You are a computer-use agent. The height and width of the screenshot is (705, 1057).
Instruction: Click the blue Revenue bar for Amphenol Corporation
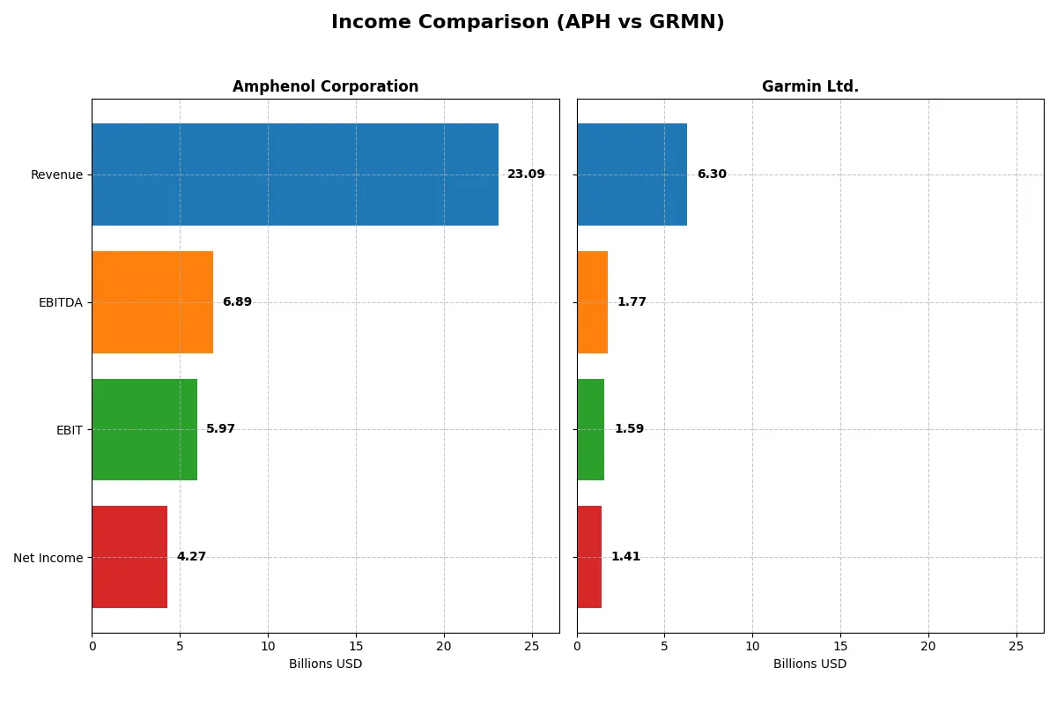click(x=295, y=174)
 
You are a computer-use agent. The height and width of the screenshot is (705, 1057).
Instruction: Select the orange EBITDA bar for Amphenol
click(x=152, y=302)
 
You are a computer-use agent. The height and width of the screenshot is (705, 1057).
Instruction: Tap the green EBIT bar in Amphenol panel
click(x=144, y=429)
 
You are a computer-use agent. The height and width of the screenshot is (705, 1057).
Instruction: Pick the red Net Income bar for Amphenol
click(x=129, y=557)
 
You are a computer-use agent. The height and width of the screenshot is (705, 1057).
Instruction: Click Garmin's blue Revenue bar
click(x=632, y=174)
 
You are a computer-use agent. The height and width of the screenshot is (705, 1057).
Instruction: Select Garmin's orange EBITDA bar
click(x=592, y=302)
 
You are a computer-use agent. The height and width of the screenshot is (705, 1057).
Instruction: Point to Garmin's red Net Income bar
click(x=589, y=557)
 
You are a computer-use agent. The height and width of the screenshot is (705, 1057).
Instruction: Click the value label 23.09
click(x=526, y=174)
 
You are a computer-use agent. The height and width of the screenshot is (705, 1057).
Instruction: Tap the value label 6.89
click(x=237, y=302)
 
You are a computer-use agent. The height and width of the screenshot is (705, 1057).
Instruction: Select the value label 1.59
click(x=629, y=429)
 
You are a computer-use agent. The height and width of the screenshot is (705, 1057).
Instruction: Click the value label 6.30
click(x=712, y=174)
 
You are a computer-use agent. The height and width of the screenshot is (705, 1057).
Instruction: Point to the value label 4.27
click(x=191, y=557)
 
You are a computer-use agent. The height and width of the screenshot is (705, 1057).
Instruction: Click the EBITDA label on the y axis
click(x=61, y=302)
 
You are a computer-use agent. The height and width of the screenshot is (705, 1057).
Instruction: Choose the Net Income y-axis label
click(x=48, y=558)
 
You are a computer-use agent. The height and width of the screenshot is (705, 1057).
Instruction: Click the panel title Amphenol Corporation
click(x=325, y=86)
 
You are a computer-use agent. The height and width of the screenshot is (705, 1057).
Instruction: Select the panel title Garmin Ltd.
click(x=809, y=86)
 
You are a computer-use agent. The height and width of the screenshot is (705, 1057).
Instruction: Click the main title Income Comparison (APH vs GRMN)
click(x=528, y=23)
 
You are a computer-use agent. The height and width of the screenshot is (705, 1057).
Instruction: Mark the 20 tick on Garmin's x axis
click(x=928, y=646)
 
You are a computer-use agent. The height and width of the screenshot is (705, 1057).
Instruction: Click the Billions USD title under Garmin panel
click(x=809, y=664)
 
